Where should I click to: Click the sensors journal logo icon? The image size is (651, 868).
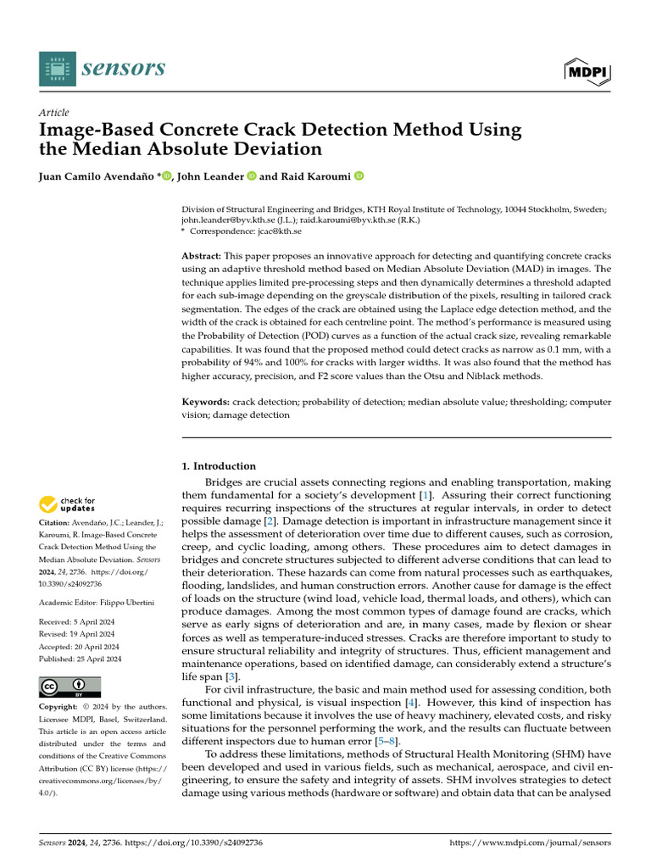(x=56, y=68)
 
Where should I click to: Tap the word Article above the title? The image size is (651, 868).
(x=54, y=113)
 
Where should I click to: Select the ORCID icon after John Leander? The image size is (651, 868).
(x=252, y=176)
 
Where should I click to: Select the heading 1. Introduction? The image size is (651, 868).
(x=220, y=465)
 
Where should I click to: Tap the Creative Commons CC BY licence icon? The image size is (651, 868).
(x=70, y=687)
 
